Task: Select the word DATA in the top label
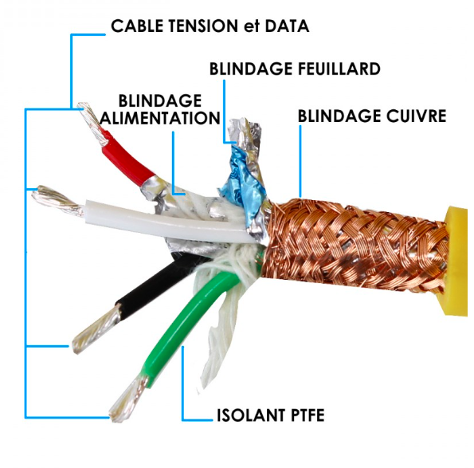point(287,26)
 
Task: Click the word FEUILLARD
point(339,69)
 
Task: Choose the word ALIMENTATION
point(160,118)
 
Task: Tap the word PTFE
point(308,415)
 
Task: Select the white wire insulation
point(169,221)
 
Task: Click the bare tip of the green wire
point(128,398)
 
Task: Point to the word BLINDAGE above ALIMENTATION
point(160,100)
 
